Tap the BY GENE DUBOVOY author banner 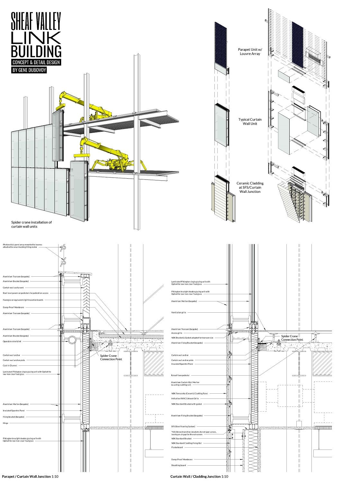[29, 70]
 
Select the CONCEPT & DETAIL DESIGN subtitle [36, 62]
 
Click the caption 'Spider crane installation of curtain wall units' [31, 224]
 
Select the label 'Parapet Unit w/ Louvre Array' [250, 52]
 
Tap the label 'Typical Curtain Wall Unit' [250, 121]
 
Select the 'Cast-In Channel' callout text [10, 366]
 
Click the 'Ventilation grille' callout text [179, 312]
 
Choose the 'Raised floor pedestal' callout [180, 375]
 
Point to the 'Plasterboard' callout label [177, 447]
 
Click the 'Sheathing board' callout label [178, 465]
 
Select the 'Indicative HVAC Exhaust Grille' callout [185, 398]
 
